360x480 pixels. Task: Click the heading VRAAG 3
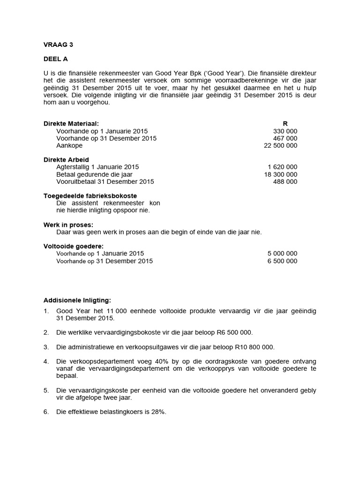[x=58, y=45]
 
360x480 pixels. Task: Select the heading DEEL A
[x=55, y=60]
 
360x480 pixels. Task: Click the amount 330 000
[x=285, y=131]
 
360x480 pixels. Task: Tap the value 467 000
[x=285, y=139]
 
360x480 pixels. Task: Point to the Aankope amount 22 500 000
[x=281, y=146]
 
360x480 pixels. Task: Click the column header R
[x=285, y=124]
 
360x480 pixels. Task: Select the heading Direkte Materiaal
[x=71, y=124]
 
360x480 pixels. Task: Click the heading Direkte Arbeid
[x=66, y=160]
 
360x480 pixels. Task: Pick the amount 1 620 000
[x=283, y=167]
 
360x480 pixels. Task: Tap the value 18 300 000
[x=281, y=174]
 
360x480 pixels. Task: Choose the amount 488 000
[x=285, y=181]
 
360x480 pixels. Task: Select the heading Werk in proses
[x=68, y=225]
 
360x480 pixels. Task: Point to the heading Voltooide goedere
[x=74, y=246]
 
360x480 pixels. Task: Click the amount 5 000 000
[x=283, y=254]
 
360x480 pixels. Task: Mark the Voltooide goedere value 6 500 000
[x=283, y=261]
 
